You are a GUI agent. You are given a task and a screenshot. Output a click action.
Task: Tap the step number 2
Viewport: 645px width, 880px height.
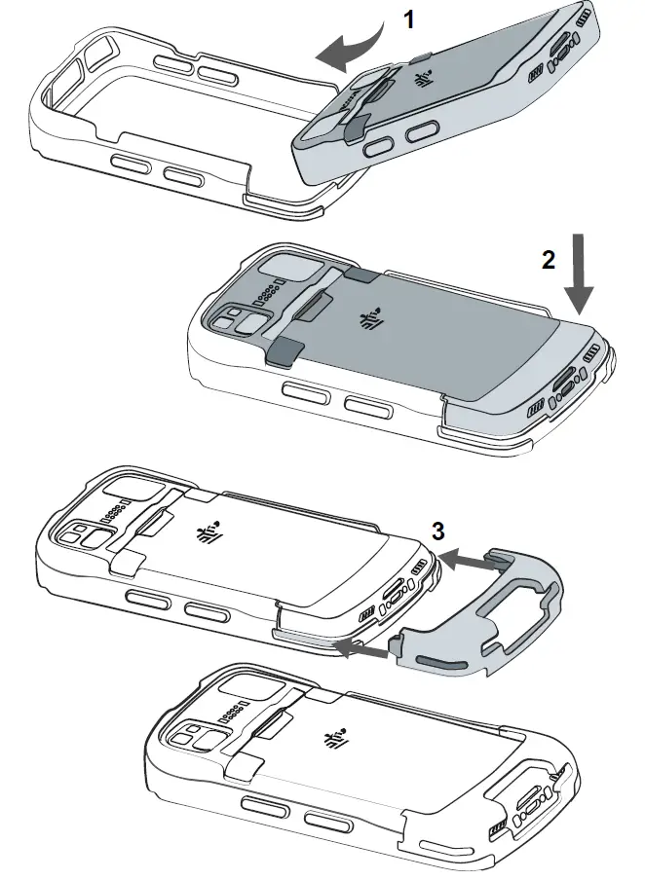549,260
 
